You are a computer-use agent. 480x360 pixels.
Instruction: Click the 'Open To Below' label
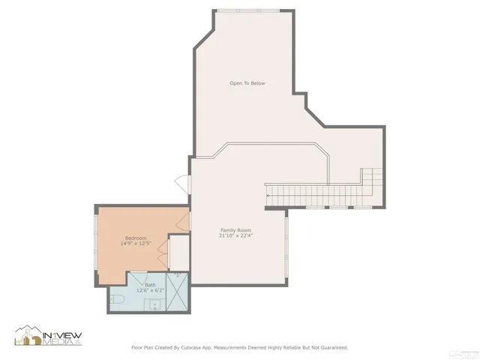pos(247,83)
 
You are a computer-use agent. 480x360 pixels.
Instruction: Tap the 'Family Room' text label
pos(235,229)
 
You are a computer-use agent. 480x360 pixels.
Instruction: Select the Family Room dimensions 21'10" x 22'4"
pos(235,235)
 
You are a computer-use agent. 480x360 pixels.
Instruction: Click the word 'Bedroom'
pos(135,238)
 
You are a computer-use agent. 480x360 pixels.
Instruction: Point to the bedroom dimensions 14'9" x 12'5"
pos(135,244)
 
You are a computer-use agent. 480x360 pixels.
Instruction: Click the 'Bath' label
pos(150,285)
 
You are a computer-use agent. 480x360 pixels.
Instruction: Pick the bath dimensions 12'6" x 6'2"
pos(150,291)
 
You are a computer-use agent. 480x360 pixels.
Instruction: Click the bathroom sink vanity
pos(155,304)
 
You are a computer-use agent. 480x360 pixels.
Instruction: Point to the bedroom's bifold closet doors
pos(163,252)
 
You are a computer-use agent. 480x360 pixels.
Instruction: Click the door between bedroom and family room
pos(184,219)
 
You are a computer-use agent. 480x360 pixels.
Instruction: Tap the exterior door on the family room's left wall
pos(181,181)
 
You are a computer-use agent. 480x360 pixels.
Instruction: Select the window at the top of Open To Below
pos(248,10)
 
